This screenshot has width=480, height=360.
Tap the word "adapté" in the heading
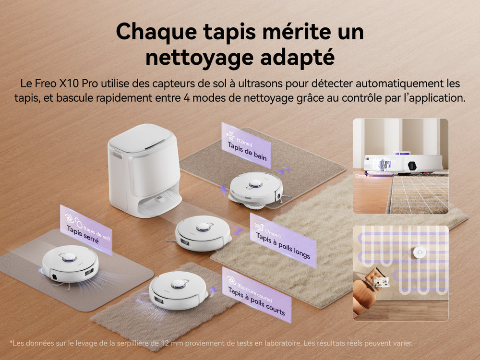tap(297, 58)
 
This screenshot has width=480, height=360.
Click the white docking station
tap(144, 170)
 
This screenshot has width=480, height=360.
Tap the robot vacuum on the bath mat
tap(256, 190)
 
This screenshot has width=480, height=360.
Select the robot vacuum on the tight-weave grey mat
tap(70, 264)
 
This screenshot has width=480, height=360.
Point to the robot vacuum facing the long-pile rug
tap(203, 233)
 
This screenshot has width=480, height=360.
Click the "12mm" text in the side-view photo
tap(360, 176)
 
